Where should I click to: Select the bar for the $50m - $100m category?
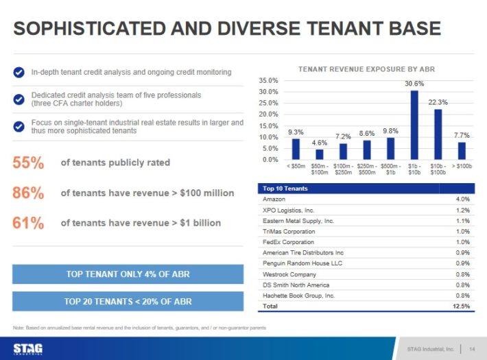[x=320, y=154]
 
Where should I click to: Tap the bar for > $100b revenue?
[x=462, y=150]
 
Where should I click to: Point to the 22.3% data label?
[x=438, y=101]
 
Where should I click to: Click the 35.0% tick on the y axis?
[x=268, y=80]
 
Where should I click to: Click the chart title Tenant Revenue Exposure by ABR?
[x=366, y=69]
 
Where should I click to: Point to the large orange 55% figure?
[x=28, y=163]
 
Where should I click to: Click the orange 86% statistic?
[x=28, y=193]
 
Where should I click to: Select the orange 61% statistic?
[x=28, y=223]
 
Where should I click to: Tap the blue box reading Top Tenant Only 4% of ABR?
[x=128, y=274]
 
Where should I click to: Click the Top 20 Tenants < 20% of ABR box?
[x=128, y=301]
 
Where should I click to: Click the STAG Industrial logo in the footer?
[x=28, y=348]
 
